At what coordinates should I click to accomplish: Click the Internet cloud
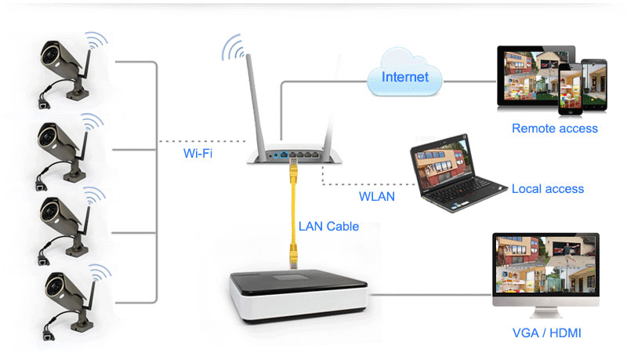404,76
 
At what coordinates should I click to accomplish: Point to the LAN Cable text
328,226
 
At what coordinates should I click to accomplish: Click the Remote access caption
554,128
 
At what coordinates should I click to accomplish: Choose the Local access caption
547,188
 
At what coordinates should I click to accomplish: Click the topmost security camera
66,67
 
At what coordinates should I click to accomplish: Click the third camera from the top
66,223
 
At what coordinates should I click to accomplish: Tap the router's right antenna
328,102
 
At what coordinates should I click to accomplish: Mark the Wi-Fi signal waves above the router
234,49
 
